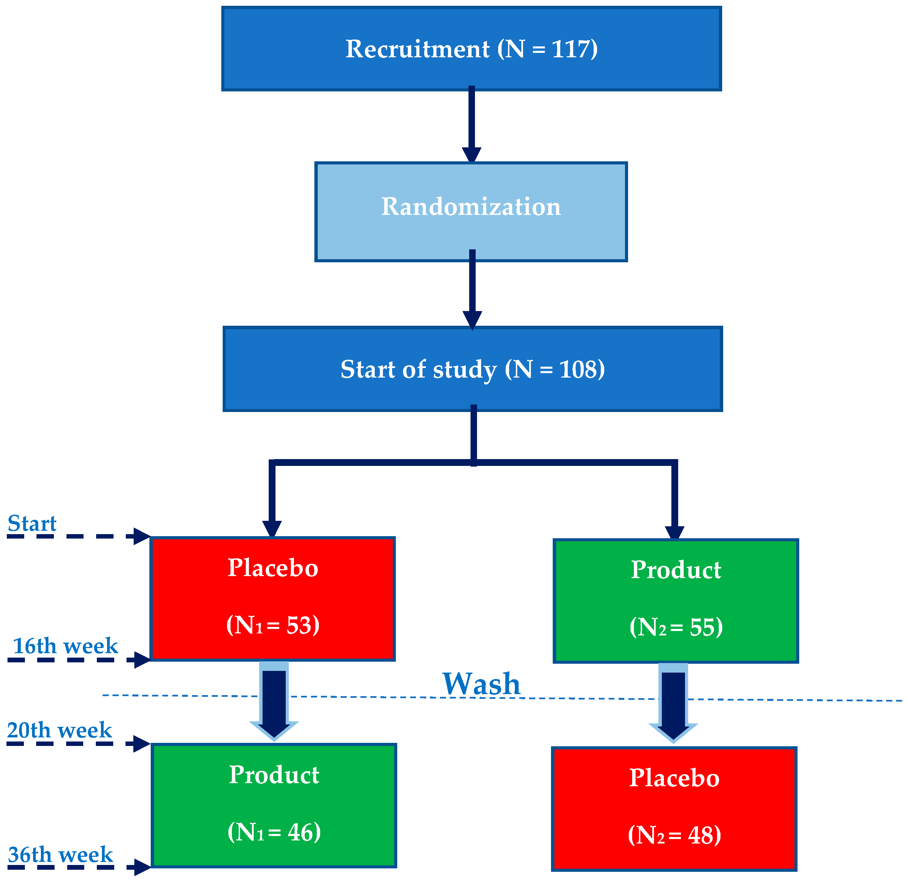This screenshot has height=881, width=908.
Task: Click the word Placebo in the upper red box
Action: pos(273,568)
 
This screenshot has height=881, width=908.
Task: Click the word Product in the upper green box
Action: pos(676,570)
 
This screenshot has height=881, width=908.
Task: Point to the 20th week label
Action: pos(59,730)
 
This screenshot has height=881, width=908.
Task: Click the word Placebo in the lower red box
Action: pos(674,778)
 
